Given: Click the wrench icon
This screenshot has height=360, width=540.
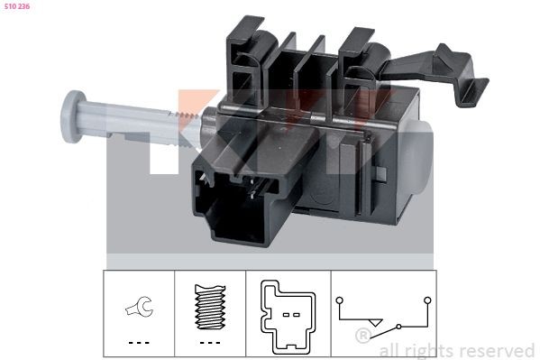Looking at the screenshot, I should coord(138,309).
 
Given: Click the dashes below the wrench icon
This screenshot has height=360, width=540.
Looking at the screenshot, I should coord(138,343).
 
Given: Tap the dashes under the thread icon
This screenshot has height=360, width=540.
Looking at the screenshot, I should coord(208,343).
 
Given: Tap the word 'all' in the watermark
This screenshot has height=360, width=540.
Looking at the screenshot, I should coord(389,349).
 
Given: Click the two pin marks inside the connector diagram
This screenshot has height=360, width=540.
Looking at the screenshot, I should coord(289,315).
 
